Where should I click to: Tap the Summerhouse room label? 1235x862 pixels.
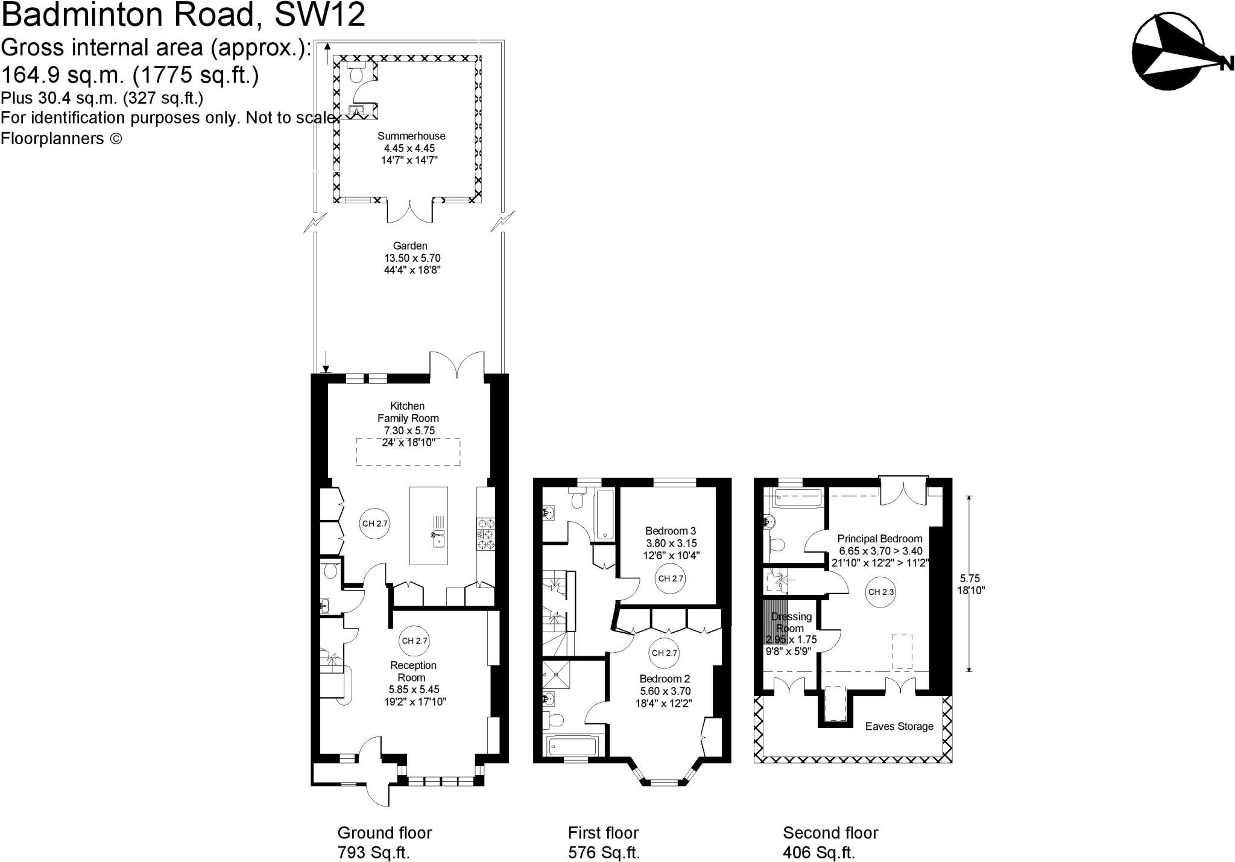pos(411,136)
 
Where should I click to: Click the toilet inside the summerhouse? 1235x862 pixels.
pos(356,74)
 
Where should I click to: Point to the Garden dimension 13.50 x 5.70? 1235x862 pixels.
pos(412,258)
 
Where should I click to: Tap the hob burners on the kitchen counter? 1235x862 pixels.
pos(485,534)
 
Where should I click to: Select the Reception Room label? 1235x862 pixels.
pos(413,671)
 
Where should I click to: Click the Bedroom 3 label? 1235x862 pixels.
pos(670,531)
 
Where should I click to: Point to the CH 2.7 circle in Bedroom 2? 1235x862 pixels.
pos(664,653)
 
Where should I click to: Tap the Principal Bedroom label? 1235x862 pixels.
pos(879,539)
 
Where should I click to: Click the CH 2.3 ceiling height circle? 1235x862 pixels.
pos(881,592)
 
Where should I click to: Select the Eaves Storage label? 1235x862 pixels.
pos(899,726)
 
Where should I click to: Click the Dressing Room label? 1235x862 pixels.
pos(791,622)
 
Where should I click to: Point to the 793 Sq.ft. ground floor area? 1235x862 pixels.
pos(374,853)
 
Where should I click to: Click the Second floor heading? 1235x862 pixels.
pos(830,833)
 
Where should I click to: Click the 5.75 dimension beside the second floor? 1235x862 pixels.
pos(970,578)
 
